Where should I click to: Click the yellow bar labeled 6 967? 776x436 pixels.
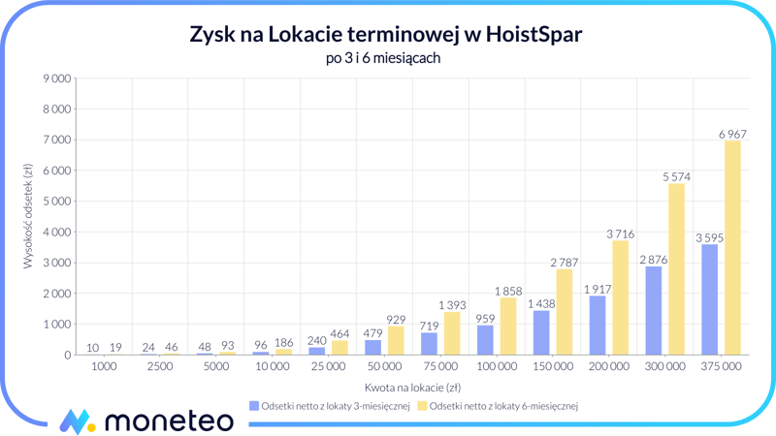(732, 248)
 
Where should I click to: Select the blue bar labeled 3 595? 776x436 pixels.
(710, 299)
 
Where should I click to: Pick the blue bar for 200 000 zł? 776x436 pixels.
(598, 326)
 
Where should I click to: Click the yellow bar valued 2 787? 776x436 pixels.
(565, 312)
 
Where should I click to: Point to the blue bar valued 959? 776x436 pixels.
(486, 340)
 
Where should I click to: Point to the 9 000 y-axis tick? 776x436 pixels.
(54, 78)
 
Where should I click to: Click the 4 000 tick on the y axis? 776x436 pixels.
(54, 233)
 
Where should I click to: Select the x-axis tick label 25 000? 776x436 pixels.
(328, 367)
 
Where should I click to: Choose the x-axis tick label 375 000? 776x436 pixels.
(721, 367)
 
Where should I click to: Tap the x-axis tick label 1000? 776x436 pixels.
(104, 367)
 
